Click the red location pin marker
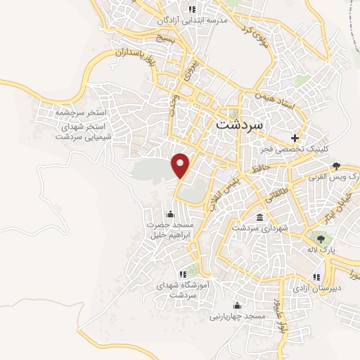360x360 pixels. (x=181, y=166)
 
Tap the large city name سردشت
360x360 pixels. (x=236, y=124)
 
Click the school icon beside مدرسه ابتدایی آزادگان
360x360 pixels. (x=191, y=10)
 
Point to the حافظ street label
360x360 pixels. (x=258, y=169)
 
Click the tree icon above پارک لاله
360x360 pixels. (x=321, y=239)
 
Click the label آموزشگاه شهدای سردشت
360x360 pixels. (x=184, y=290)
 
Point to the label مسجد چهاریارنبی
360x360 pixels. (x=236, y=316)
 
